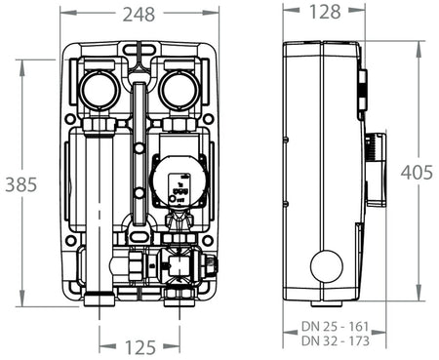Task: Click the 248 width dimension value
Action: pyautogui.click(x=137, y=14)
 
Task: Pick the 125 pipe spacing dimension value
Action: pyautogui.click(x=140, y=347)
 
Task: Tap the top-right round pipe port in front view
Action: pyautogui.click(x=180, y=91)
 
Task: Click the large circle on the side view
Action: pyautogui.click(x=325, y=265)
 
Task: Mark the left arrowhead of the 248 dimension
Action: pyautogui.click(x=62, y=14)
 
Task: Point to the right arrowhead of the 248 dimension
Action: pyautogui.click(x=213, y=14)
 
